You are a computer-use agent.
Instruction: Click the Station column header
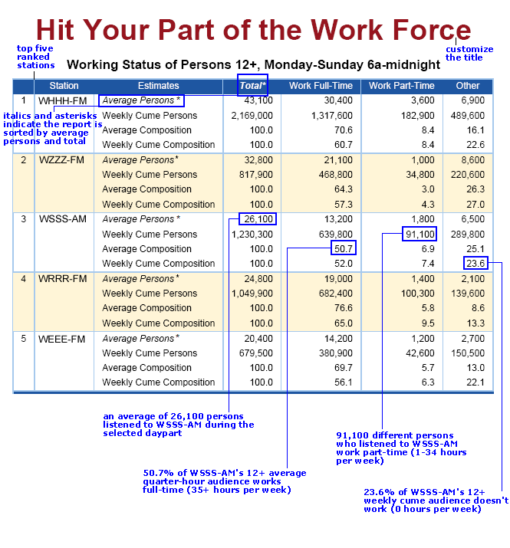64,86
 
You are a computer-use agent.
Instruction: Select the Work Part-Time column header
401,86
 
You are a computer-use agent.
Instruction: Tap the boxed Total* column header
253,86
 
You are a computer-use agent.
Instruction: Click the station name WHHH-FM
62,100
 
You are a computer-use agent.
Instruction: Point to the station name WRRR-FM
62,278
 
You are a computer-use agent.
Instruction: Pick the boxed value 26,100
258,219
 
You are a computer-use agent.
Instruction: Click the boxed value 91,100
420,234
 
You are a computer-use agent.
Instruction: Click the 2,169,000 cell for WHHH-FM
252,116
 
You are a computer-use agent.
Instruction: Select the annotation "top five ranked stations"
36,56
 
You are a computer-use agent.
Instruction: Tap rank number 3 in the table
24,219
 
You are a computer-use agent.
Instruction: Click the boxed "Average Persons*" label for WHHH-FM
141,100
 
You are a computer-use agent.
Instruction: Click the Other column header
467,86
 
